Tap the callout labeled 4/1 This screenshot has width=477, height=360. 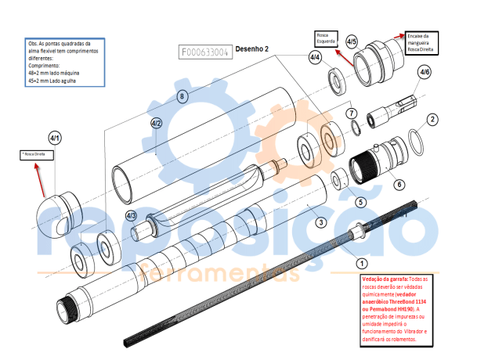pyautogui.click(x=55, y=138)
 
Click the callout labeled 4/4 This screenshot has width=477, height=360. pyautogui.click(x=315, y=58)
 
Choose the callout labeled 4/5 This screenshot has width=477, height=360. pyautogui.click(x=352, y=41)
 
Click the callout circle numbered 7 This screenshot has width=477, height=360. pyautogui.click(x=352, y=113)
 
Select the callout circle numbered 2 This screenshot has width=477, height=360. pyautogui.click(x=431, y=120)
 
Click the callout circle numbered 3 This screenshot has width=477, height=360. pyautogui.click(x=320, y=223)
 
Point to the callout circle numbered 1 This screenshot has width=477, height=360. pyautogui.click(x=361, y=264)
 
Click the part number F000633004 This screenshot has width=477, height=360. pyautogui.click(x=204, y=52)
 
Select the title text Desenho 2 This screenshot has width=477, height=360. pyautogui.click(x=252, y=49)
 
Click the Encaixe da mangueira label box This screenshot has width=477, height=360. pyautogui.click(x=422, y=42)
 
